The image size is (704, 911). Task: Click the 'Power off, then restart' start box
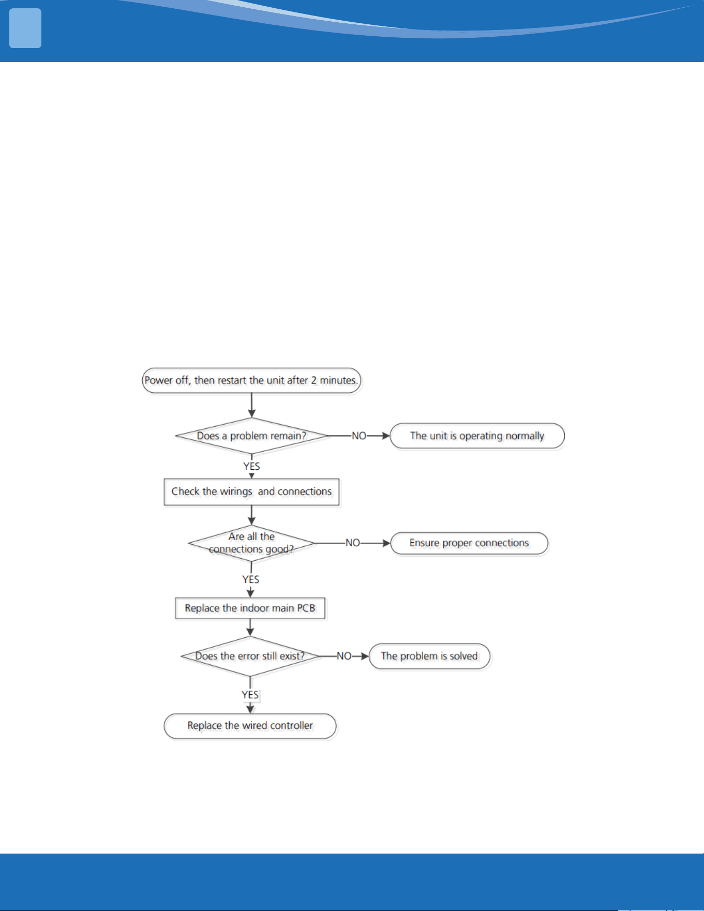251,380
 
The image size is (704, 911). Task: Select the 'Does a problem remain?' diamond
252,436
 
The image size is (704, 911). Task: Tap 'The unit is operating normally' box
477,436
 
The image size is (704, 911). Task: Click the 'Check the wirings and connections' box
251,491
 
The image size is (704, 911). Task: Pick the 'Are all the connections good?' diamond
252,543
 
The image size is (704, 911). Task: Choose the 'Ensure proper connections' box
469,543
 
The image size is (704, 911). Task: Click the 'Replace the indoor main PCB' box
250,608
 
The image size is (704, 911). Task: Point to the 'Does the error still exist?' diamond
250,656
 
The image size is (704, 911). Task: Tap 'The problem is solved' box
429,656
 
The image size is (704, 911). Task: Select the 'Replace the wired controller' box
250,726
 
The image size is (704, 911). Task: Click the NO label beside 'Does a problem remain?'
359,436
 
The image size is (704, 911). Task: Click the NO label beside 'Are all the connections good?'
353,543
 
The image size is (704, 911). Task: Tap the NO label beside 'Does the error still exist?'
344,656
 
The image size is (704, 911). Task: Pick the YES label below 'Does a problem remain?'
252,466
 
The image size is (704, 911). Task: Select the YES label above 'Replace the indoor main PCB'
251,579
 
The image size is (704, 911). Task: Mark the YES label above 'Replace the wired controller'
250,695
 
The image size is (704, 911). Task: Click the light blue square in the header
25,28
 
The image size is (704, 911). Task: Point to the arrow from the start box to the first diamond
252,405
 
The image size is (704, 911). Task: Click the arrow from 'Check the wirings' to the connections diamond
252,515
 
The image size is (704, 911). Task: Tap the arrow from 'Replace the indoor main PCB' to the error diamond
250,628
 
